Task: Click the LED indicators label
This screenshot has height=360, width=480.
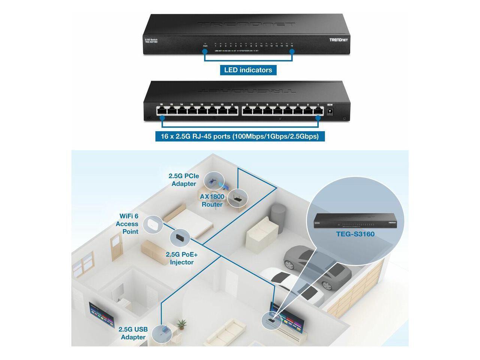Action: (x=248, y=70)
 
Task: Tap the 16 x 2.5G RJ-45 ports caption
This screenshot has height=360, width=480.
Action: (x=240, y=136)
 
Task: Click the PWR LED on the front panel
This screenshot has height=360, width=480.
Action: (x=205, y=44)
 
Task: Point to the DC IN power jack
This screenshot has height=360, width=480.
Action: (x=331, y=111)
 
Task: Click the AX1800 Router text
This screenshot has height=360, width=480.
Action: (x=212, y=201)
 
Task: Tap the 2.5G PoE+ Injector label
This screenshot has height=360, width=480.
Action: (x=181, y=258)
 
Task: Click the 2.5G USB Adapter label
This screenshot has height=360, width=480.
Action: (x=133, y=333)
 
